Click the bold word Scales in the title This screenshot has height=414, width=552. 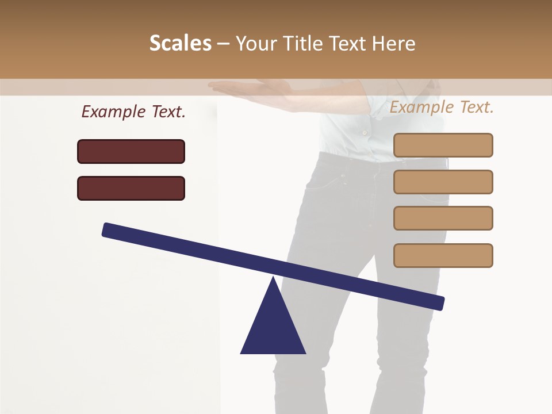(x=181, y=43)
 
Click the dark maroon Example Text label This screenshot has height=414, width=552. (x=133, y=112)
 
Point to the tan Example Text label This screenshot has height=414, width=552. (x=442, y=107)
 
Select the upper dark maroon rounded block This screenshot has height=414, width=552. (x=131, y=151)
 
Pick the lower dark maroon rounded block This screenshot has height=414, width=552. (x=131, y=188)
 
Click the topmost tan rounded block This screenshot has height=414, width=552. (x=443, y=145)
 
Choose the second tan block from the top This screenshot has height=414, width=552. (x=443, y=182)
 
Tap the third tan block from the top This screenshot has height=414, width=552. (x=443, y=218)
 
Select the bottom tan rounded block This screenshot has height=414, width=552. (x=443, y=255)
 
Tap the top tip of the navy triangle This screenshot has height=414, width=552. (x=273, y=278)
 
